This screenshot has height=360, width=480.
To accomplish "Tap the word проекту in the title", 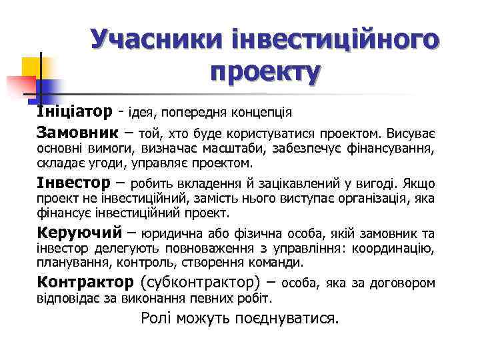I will [x=265, y=70].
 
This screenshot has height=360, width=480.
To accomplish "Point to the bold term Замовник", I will [x=79, y=131].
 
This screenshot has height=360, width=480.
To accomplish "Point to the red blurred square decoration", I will [x=20, y=85].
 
